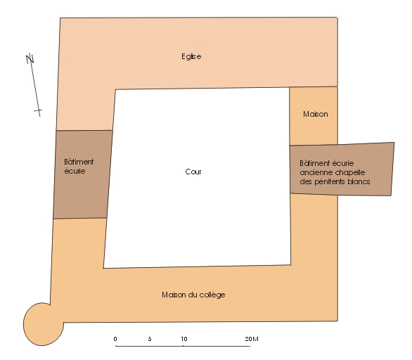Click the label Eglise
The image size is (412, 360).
click(191, 56)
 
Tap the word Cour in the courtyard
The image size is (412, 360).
click(193, 172)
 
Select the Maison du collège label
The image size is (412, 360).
click(193, 295)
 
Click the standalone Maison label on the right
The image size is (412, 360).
click(315, 114)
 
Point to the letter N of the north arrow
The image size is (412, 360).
click(30, 59)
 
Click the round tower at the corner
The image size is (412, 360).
click(43, 324)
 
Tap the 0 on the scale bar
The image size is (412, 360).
click(115, 339)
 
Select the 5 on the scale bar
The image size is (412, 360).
click(150, 339)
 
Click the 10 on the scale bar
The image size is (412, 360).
click(184, 339)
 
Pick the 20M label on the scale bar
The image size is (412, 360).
click(252, 339)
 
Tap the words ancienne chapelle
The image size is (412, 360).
click(333, 172)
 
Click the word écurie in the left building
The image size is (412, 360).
click(75, 171)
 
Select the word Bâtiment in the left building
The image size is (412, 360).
click(79, 162)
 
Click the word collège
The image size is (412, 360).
click(212, 295)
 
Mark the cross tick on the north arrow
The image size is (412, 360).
click(38, 110)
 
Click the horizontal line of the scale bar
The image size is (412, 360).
click(183, 346)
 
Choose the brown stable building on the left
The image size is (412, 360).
click(82, 174)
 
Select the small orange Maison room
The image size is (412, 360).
click(314, 116)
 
